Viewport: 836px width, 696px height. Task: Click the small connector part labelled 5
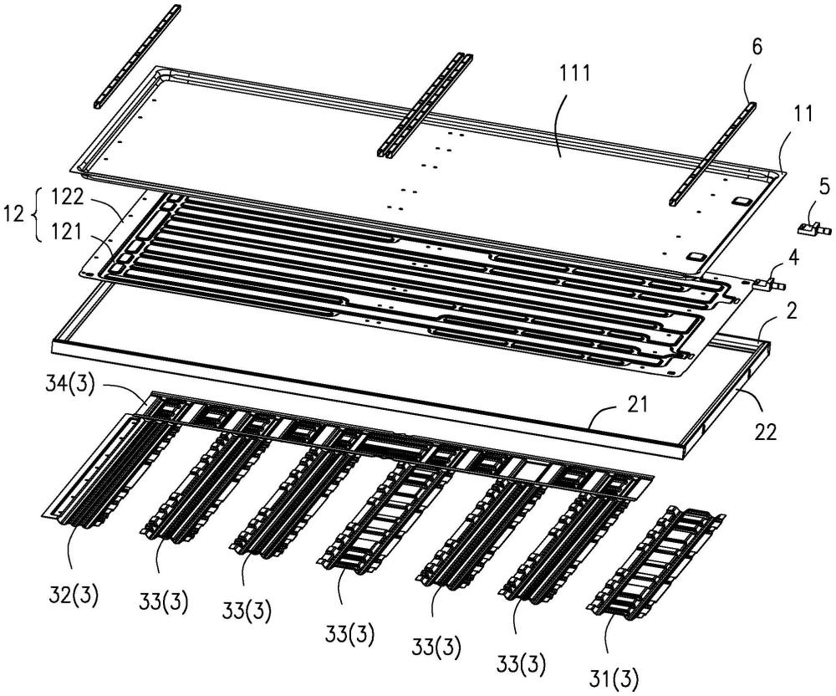810,226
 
